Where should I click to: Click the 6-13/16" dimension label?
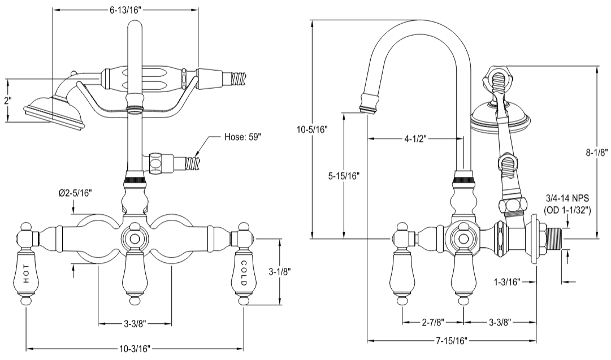click(x=125, y=10)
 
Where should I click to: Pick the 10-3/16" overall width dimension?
click(x=135, y=349)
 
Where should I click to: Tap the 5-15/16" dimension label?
click(x=344, y=175)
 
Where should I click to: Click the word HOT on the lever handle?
click(x=27, y=274)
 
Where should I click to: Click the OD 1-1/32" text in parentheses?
click(x=567, y=210)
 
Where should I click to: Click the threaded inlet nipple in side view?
click(x=554, y=239)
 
